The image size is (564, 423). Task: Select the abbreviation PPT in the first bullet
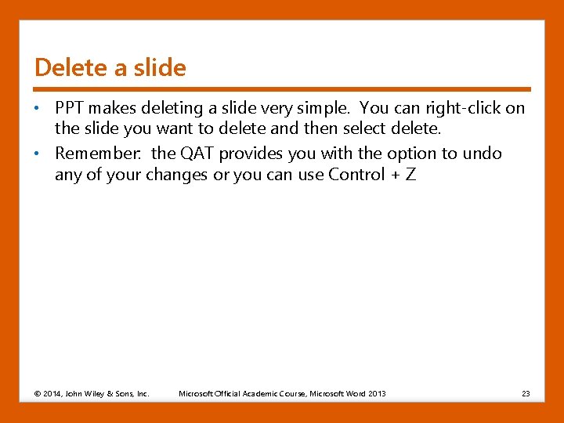[x=69, y=108]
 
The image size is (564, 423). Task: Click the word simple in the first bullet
[x=327, y=108]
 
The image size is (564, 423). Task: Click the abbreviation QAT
[x=201, y=154]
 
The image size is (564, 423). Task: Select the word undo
[x=483, y=154]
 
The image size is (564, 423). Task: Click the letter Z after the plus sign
[x=410, y=175]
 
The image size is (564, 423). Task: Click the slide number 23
[x=526, y=393]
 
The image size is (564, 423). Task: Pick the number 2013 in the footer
[x=376, y=393]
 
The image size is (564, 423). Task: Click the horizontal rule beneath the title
[x=282, y=89]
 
